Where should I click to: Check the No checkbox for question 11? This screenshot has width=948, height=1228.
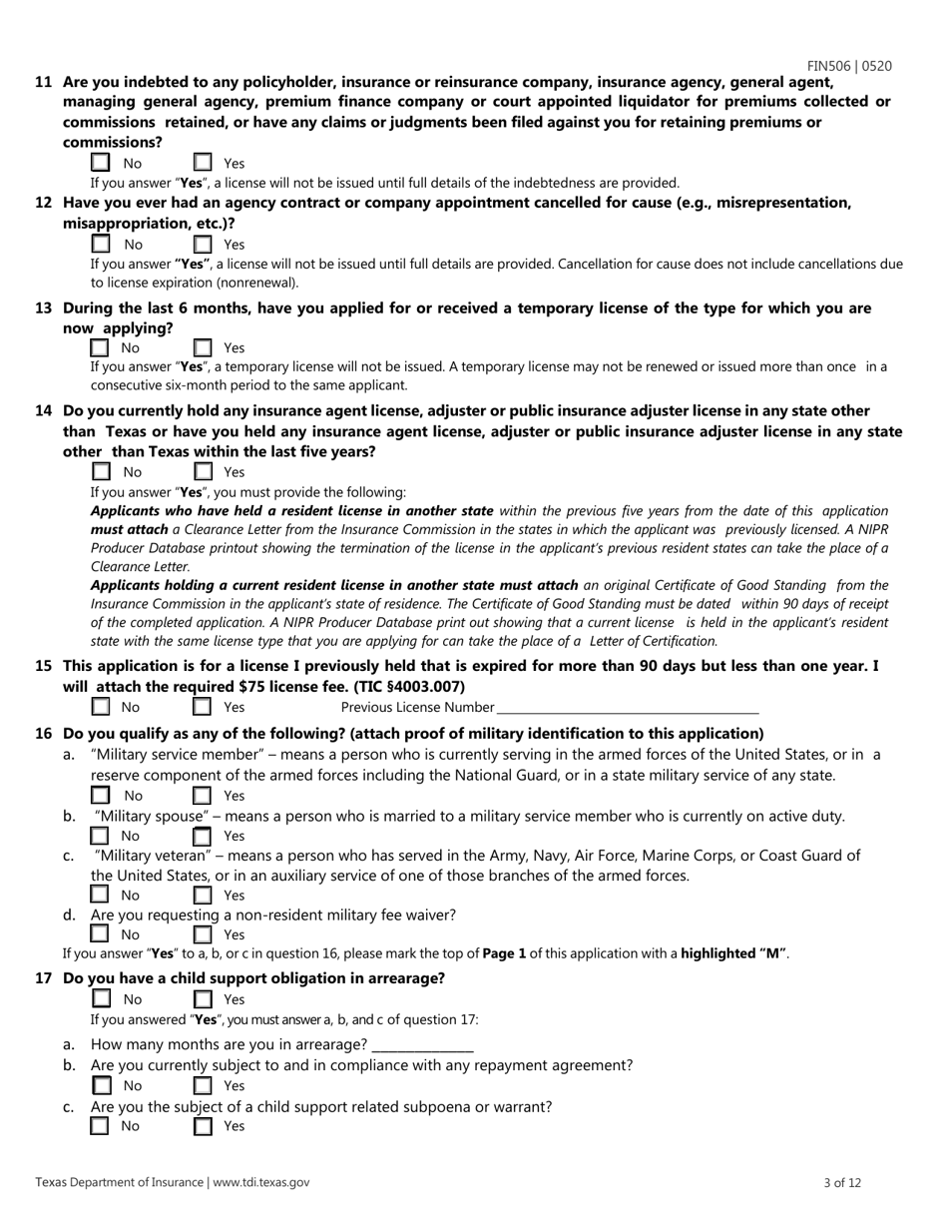coord(100,163)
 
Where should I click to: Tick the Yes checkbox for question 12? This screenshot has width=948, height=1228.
coord(203,245)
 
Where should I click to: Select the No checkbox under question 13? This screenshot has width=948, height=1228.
coord(100,348)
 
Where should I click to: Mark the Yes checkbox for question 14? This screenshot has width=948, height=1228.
coord(203,472)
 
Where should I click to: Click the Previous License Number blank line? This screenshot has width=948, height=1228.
coord(627,708)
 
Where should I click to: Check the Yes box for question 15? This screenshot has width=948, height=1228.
coord(203,708)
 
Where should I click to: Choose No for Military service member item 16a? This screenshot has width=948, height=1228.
coord(100,796)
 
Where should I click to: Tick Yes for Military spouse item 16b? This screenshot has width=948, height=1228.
coord(203,836)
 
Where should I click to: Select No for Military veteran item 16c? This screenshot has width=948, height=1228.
coord(100,896)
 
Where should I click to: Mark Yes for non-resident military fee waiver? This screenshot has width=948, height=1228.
coord(203,935)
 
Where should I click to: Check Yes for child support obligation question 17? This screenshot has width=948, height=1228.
coord(203,999)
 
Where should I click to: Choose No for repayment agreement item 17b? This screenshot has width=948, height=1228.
coord(100,1085)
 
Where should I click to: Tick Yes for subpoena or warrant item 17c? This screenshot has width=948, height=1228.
coord(203,1126)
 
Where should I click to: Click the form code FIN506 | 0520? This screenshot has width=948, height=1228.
coord(849,66)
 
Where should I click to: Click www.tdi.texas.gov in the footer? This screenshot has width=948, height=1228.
coord(261,1182)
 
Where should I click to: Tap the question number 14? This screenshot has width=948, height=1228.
coord(44,410)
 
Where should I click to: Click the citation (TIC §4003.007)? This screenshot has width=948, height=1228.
coord(410,687)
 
